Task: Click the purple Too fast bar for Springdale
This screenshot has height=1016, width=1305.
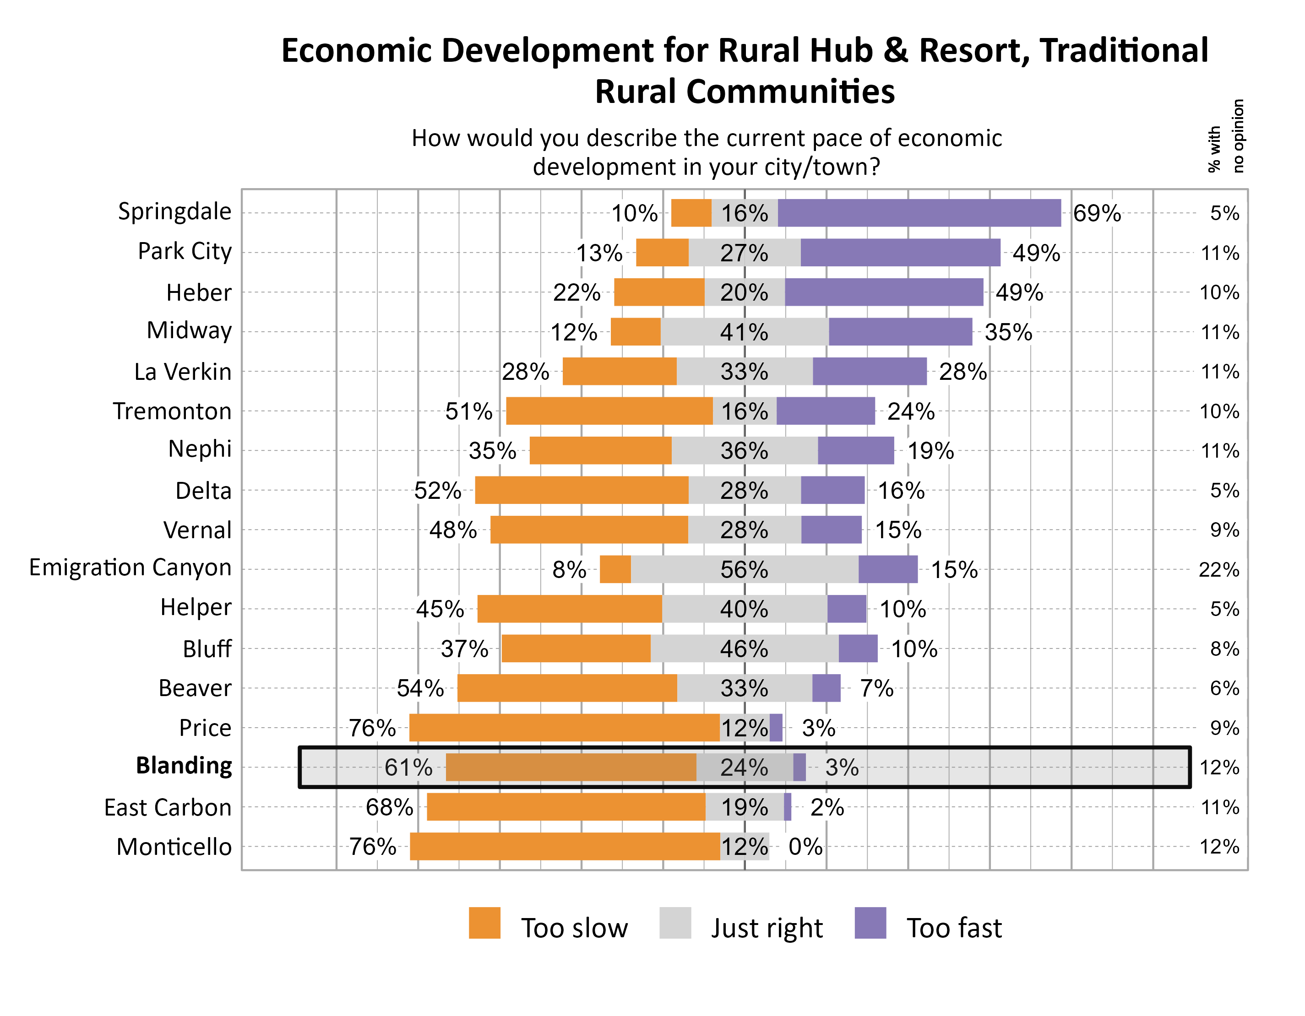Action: click(x=919, y=213)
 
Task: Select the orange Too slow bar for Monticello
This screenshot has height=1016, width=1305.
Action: click(x=565, y=846)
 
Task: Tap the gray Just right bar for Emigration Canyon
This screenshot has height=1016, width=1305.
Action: click(x=744, y=569)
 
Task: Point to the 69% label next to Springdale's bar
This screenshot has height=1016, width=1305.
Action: click(x=1097, y=213)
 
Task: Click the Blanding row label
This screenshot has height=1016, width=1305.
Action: click(x=184, y=766)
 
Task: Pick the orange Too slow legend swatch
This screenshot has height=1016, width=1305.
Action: click(x=484, y=923)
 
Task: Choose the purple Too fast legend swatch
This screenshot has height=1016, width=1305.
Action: click(x=870, y=923)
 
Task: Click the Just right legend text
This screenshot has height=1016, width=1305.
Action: click(x=766, y=928)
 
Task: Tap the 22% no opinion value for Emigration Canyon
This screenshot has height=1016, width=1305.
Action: click(x=1219, y=570)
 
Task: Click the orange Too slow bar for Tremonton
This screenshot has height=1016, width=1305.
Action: click(x=609, y=411)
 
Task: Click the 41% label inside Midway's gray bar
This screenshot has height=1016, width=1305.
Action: click(x=744, y=332)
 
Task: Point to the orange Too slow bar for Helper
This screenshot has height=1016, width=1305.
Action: click(x=570, y=609)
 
